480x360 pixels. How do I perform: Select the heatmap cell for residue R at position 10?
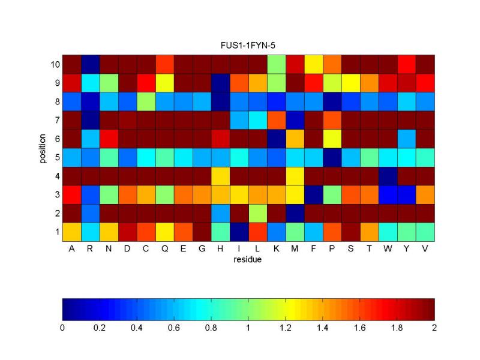coord(90,64)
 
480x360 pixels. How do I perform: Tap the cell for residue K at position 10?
coord(276,64)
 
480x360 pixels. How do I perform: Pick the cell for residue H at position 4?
coord(220,176)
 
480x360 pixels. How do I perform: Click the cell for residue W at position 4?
coord(388,176)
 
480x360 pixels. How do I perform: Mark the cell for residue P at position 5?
coord(332,157)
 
